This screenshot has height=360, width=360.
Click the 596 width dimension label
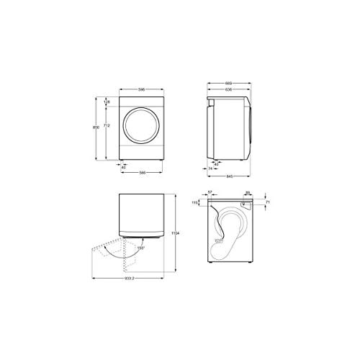(x=143, y=90)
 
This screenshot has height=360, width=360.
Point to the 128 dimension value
(x=107, y=102)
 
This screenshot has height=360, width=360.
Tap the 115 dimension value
(x=195, y=204)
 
